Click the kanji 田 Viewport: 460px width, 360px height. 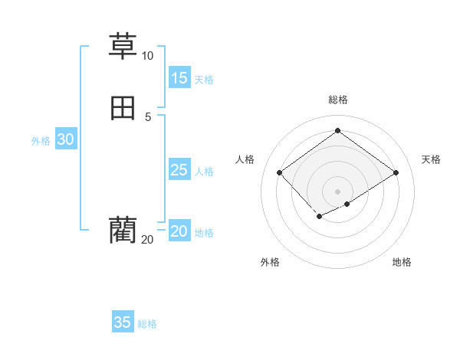tap(123, 108)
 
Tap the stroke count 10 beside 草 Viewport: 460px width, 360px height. tap(147, 56)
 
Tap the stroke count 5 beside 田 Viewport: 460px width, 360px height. tap(148, 116)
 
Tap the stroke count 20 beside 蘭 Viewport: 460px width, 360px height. tap(147, 240)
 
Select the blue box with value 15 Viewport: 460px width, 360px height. tap(179, 77)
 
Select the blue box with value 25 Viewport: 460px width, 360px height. tap(179, 170)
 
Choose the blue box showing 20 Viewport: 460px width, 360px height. tap(179, 231)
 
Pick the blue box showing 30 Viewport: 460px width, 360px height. tap(66, 139)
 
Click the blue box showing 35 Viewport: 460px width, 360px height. tap(123, 322)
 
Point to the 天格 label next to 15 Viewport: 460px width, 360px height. tap(204, 79)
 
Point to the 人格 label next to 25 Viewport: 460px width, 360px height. tap(204, 172)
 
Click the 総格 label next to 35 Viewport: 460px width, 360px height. tap(147, 324)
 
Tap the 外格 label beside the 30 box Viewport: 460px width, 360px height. tap(41, 141)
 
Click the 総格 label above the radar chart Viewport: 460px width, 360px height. tap(338, 100)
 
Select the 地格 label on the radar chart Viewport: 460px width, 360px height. tap(402, 262)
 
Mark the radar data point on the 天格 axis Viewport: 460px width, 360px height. tap(396, 173)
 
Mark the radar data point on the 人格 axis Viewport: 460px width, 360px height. tap(280, 173)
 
